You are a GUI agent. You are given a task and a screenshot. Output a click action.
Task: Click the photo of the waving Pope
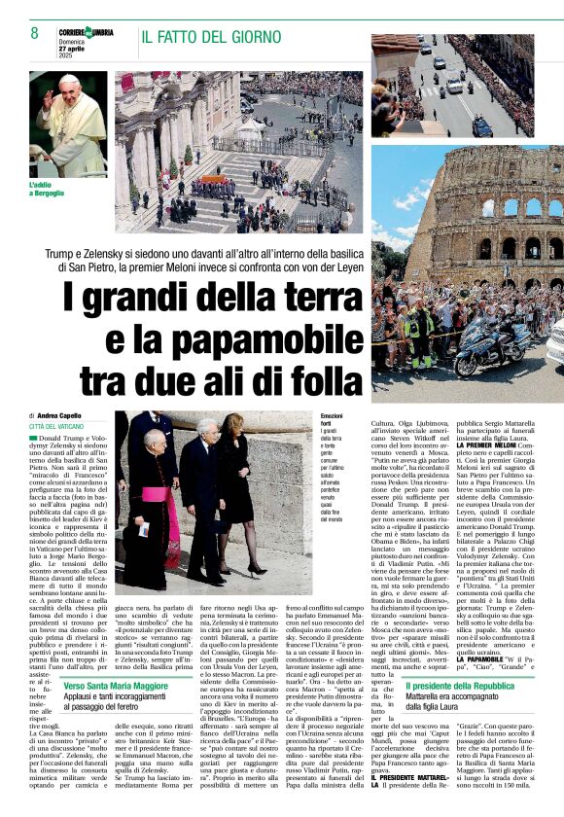[x=68, y=123]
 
